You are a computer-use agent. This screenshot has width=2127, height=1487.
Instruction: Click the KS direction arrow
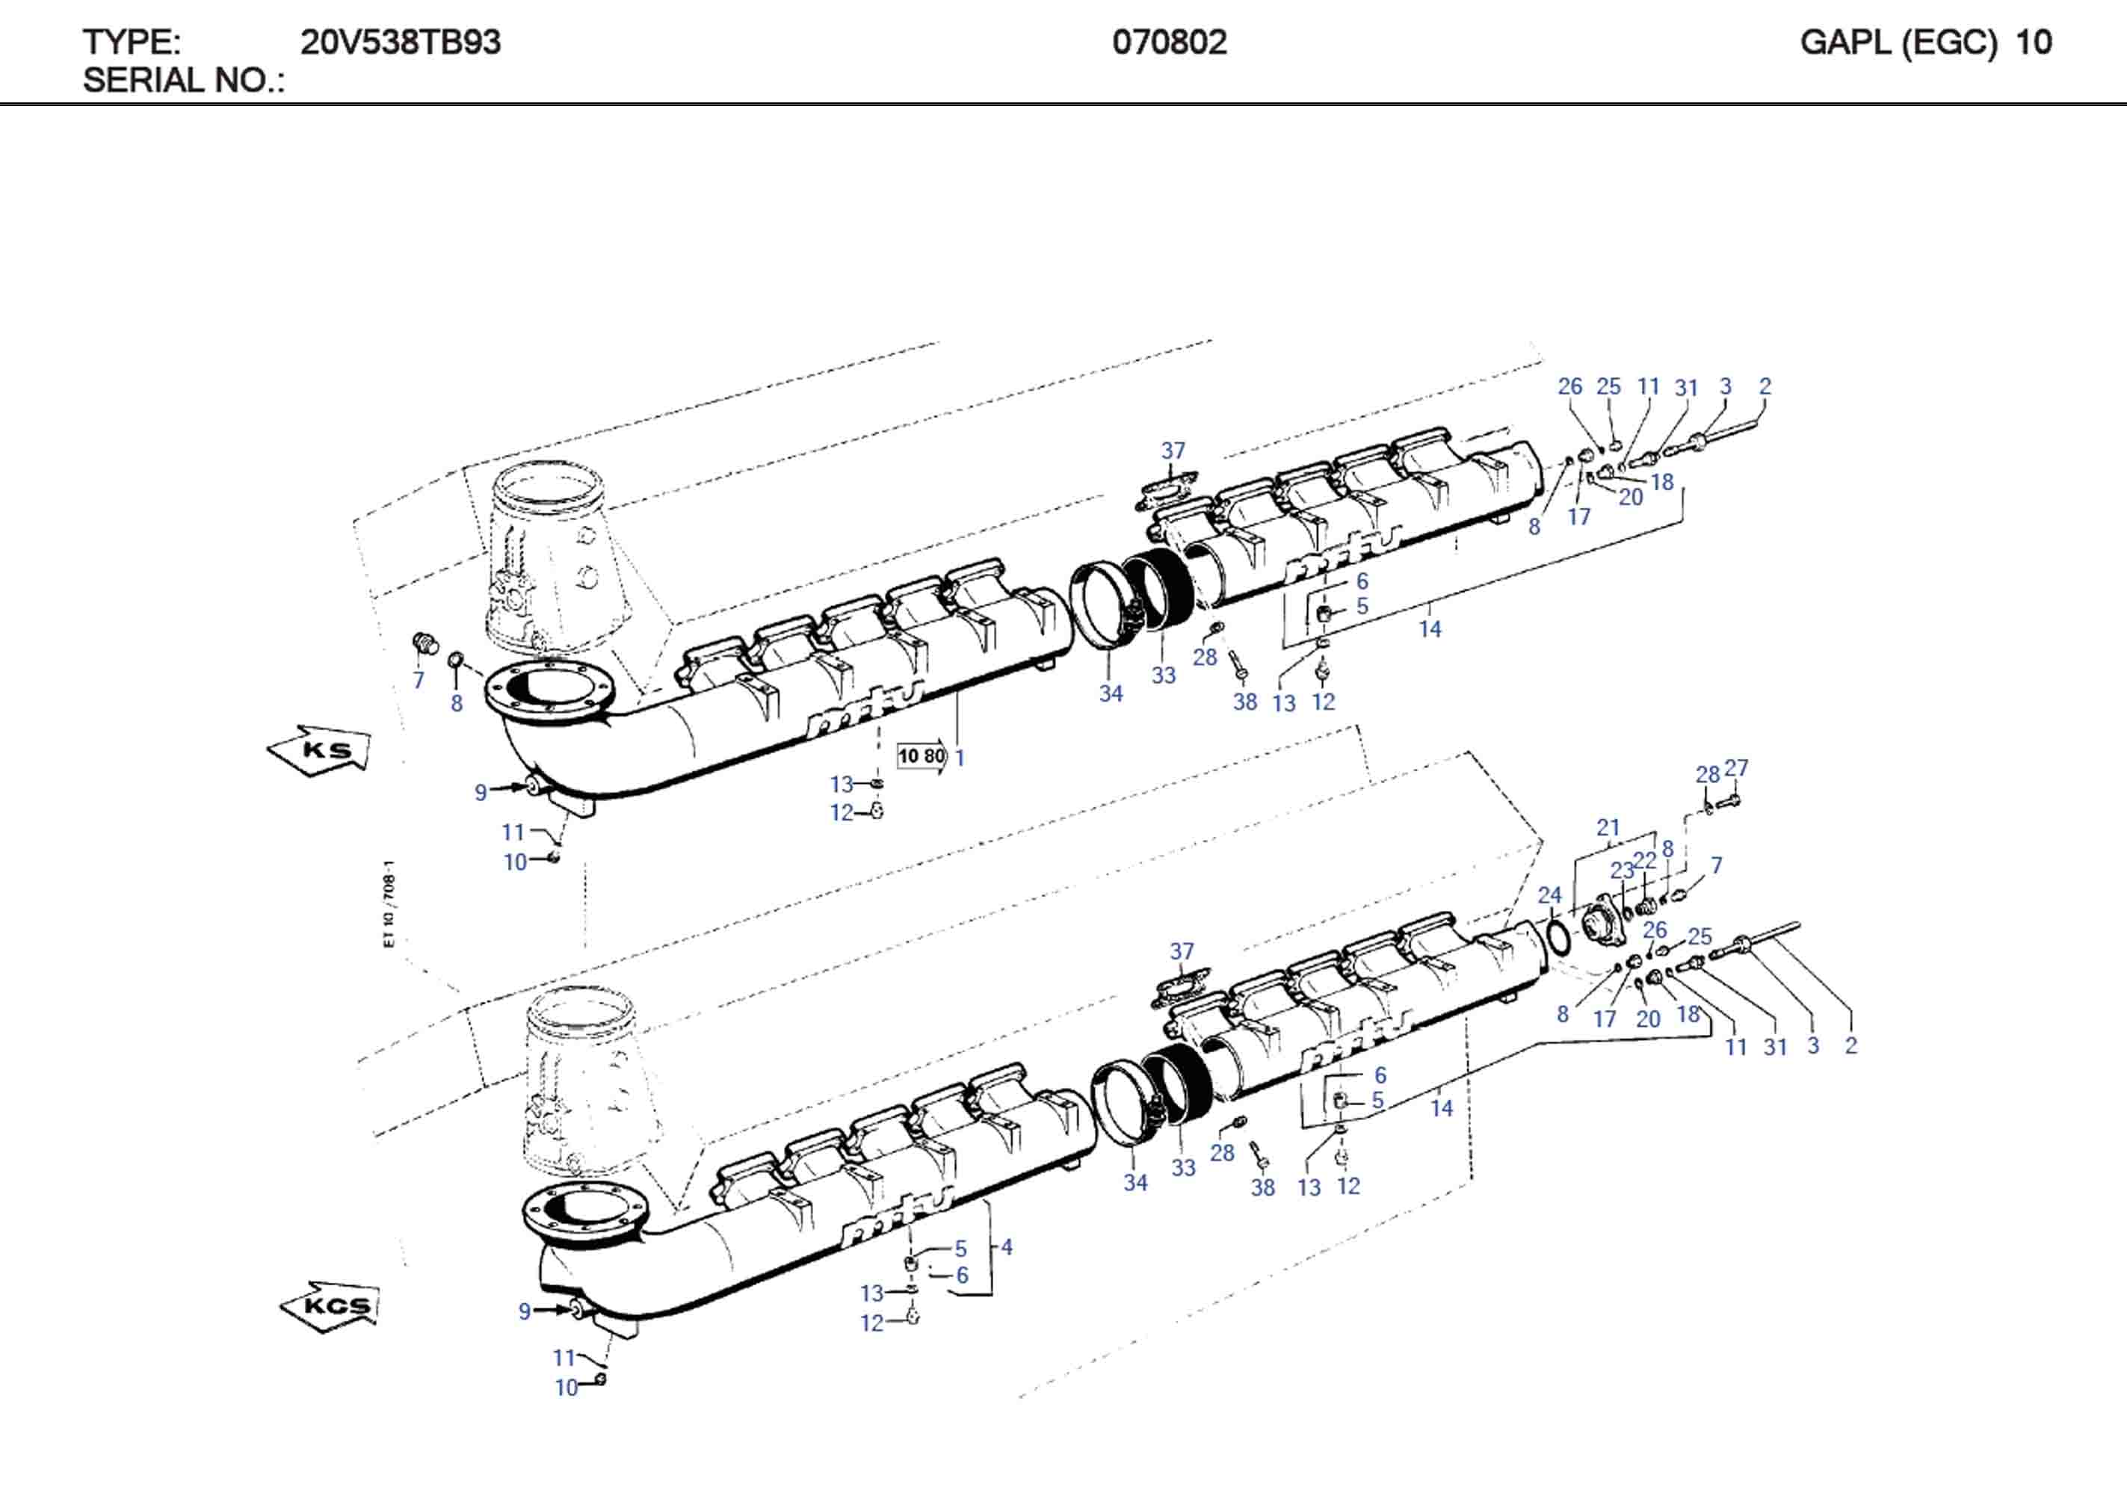pos(320,749)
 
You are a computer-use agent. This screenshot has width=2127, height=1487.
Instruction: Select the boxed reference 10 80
pos(922,756)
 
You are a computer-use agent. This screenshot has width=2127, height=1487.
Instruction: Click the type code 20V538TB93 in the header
pos(400,43)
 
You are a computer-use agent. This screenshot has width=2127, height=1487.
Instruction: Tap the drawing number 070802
pos(1169,43)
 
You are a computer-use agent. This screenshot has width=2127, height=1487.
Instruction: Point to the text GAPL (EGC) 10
pos(1925,43)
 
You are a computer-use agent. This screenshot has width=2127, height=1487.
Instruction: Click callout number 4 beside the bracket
pos(1006,1247)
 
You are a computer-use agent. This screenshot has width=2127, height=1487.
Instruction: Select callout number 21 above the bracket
pos(1608,827)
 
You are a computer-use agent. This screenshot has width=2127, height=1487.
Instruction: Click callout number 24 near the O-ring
pos(1549,895)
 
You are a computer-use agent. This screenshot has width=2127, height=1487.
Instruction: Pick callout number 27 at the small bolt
pos(1736,768)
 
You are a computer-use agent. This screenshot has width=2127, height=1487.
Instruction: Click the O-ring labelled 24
pos(1559,937)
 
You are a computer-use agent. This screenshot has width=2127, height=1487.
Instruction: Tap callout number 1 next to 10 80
pos(960,758)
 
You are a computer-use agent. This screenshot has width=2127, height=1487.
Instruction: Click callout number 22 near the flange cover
pos(1644,860)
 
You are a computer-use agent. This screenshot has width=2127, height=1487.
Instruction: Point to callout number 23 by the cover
pos(1621,870)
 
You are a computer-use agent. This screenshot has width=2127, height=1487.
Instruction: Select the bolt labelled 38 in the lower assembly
pos(1259,1157)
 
